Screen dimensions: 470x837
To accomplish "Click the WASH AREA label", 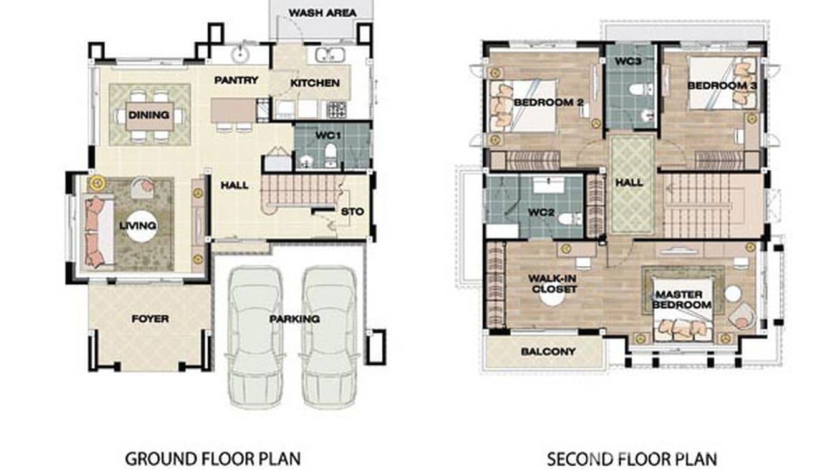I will [322, 12].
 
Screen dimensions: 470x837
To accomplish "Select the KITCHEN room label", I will [315, 83].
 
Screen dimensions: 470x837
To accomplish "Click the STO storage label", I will [352, 211].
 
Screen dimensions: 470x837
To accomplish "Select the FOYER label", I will [150, 319].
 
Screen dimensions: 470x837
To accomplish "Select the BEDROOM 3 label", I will [722, 86].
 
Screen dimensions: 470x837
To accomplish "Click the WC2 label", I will [541, 212].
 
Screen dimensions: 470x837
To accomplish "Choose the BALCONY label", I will [548, 352].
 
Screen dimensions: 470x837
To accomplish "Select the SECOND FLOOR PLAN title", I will [632, 459].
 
